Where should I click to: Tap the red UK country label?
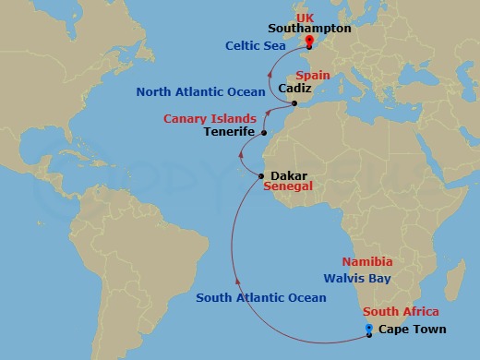pos(306,17)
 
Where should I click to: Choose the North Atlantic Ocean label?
pos(200,91)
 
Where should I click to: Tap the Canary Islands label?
pos(211,119)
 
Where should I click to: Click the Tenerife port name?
pos(228,132)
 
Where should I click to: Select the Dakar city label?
pos(289,174)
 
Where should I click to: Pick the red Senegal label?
pos(289,186)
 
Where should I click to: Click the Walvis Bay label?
pos(357,278)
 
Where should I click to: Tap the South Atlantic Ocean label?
pos(261,297)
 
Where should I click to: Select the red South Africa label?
pos(401,312)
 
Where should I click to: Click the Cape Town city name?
pos(413,330)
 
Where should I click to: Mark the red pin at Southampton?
pos(308,41)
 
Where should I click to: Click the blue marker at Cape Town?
pos(369,328)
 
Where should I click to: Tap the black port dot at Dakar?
pos(262,175)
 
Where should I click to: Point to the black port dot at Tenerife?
pos(265,133)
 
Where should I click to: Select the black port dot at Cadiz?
pos(294,103)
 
